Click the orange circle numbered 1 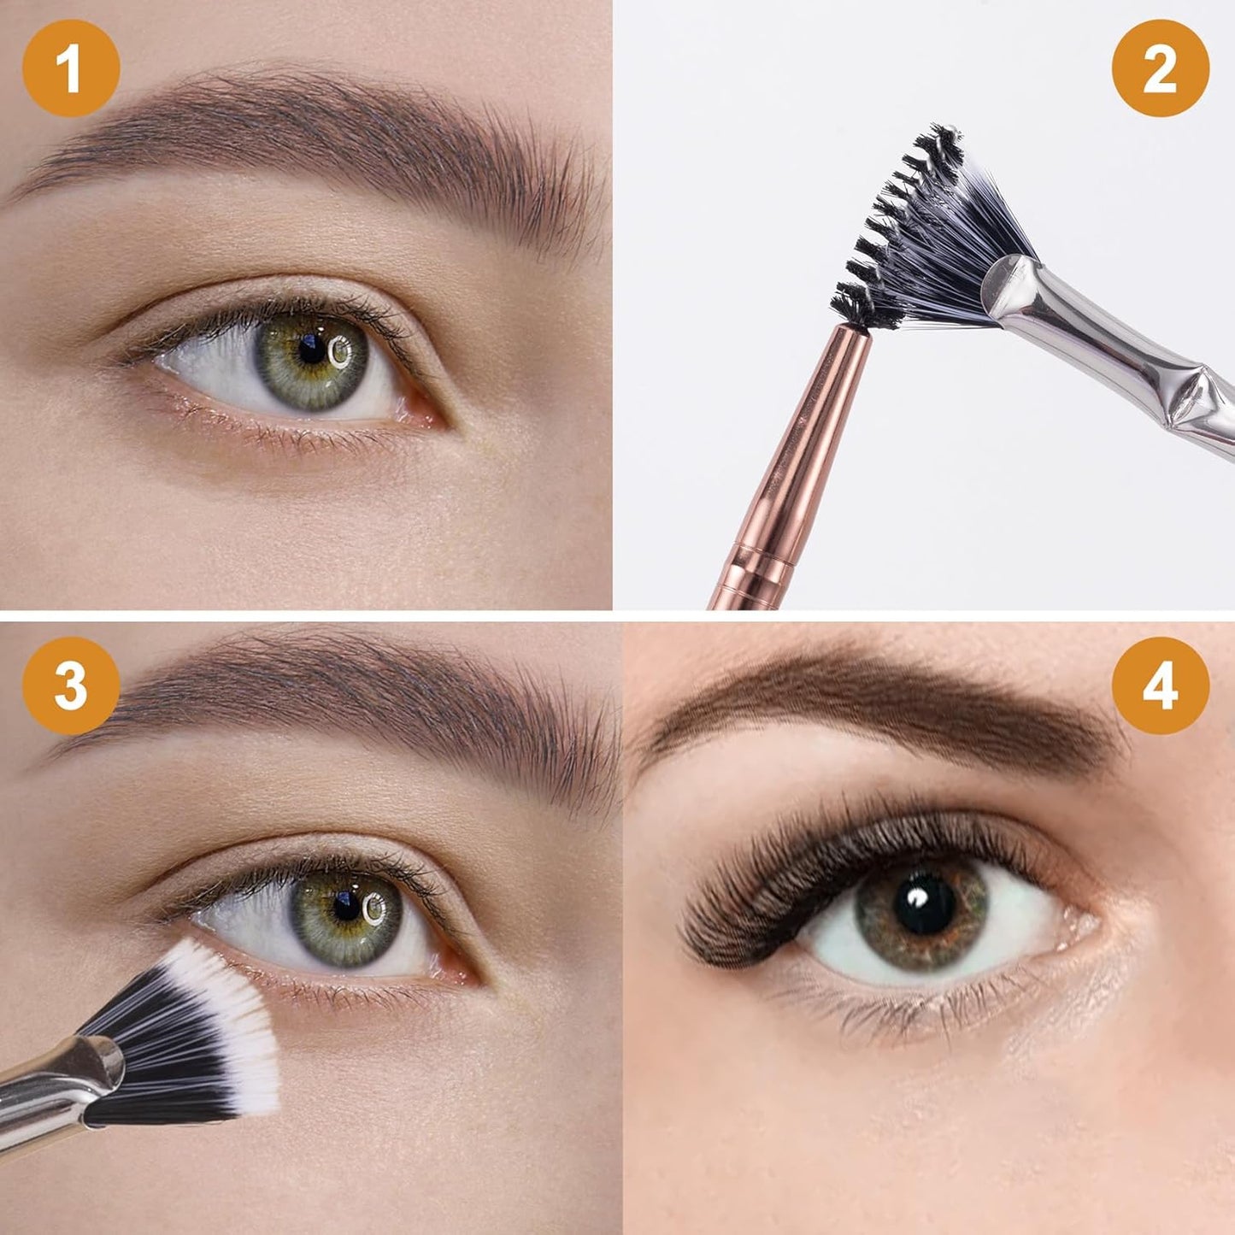[71, 68]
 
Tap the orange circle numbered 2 [1160, 68]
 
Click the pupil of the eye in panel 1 [312, 349]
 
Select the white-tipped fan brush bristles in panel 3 [197, 1026]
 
